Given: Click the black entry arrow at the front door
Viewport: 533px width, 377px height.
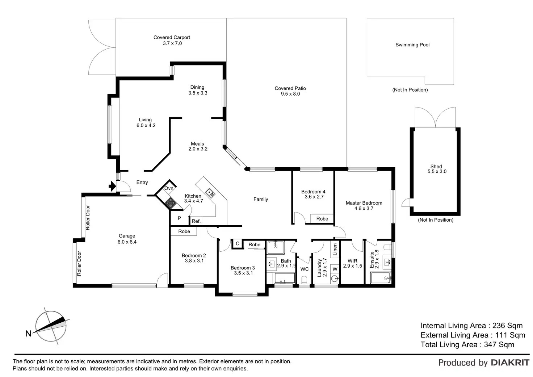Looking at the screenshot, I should tap(112, 187).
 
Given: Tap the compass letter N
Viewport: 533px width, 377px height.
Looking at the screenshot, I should tap(28, 334).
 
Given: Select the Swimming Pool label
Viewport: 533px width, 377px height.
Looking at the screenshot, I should tap(412, 45).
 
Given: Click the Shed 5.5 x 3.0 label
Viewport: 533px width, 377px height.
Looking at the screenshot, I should tap(437, 169).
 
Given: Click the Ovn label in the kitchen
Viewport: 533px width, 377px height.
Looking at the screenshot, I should tap(169, 188).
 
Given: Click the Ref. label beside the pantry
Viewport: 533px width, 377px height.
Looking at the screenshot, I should tap(196, 221).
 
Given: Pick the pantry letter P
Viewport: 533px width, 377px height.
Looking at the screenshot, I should tap(179, 218).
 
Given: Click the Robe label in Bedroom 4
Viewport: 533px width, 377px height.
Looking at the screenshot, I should tap(322, 219).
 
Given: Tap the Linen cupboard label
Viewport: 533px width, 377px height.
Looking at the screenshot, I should tap(335, 249).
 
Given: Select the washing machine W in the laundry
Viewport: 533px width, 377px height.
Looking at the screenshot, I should tap(335, 269).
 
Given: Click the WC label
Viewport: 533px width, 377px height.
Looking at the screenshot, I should tap(305, 269).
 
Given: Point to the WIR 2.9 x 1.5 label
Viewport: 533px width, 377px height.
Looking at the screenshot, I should tap(352, 263).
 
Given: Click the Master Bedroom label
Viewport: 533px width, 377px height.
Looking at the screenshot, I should tap(364, 203).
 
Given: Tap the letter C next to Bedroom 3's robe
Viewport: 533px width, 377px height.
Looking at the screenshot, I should tap(238, 244).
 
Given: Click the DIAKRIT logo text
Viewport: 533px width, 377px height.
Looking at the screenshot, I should tap(510, 363).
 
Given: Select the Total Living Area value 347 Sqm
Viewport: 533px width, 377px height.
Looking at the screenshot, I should tap(499, 345).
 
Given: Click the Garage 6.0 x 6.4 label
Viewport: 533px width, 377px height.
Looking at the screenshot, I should tap(127, 239).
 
